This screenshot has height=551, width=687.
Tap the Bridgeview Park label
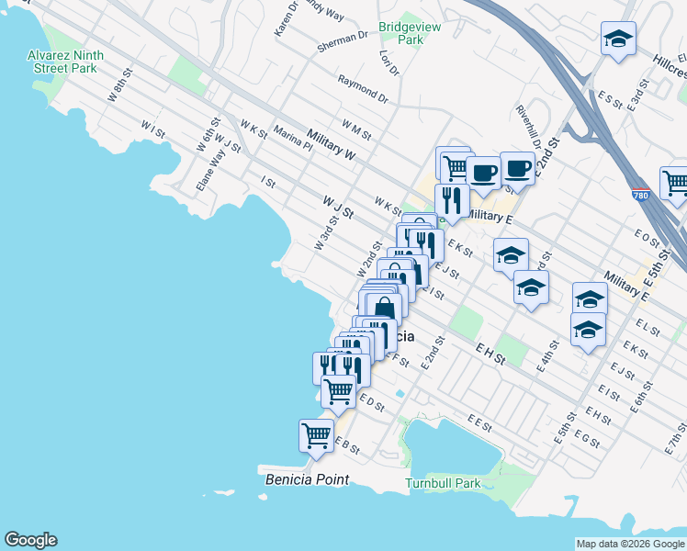click(x=411, y=34)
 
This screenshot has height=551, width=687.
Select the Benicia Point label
click(x=307, y=479)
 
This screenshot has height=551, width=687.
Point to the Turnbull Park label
click(x=443, y=483)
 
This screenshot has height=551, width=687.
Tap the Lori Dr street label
click(x=389, y=62)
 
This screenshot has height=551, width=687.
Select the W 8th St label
click(x=118, y=92)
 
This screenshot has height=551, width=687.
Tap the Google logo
click(x=30, y=540)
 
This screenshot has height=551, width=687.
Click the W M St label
click(x=355, y=129)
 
